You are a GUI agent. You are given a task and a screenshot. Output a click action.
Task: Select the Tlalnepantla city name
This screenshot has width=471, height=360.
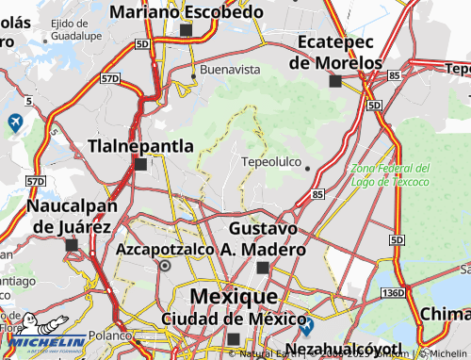coord(140,146)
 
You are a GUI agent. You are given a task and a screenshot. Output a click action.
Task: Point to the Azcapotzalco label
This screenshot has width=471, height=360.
coord(165,250)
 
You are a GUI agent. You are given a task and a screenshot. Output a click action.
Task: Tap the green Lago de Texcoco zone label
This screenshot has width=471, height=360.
coord(390,174)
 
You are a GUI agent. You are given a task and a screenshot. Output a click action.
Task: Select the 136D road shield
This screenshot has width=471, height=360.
coord(393,294)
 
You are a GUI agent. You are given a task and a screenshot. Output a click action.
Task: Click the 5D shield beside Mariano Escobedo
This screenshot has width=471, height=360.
coord(142,44)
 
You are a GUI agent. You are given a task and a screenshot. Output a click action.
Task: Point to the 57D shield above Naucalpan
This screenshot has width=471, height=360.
coord(35,181)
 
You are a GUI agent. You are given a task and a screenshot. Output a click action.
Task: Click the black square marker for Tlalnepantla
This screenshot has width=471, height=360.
coord(140,164)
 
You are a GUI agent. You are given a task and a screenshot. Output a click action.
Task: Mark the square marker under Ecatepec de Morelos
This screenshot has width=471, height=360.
coord(334,82)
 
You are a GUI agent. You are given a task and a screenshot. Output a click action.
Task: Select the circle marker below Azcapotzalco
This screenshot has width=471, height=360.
coord(166,267)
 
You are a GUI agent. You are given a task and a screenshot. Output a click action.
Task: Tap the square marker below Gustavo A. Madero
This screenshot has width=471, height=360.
coord(263,268)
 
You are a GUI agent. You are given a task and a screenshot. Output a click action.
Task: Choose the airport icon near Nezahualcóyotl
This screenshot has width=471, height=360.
coord(307,326)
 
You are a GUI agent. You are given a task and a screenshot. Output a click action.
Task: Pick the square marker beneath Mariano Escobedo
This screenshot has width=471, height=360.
coord(186,31)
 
